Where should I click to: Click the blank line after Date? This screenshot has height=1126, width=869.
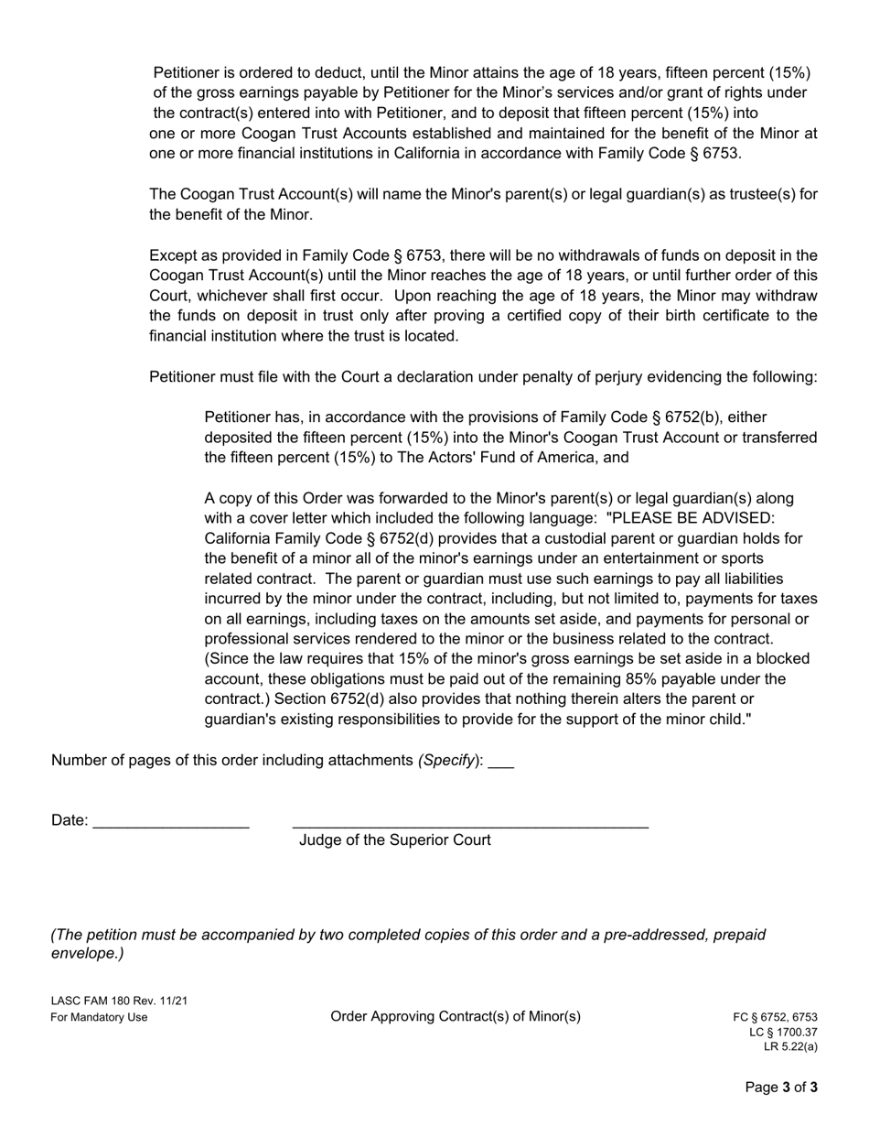tap(171, 822)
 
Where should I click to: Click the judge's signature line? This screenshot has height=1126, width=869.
tap(470, 822)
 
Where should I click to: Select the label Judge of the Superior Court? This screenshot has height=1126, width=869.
tap(394, 840)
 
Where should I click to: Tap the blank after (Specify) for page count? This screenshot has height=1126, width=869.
tap(501, 762)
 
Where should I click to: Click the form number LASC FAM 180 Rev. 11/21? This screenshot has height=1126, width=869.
tap(119, 1001)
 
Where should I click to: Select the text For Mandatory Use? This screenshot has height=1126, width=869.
tap(99, 1017)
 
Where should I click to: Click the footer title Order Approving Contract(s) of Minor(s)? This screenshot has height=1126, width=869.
tap(455, 1016)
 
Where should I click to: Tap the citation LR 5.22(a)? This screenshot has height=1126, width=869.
tap(790, 1047)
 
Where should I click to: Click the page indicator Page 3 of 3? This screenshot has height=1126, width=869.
tap(781, 1088)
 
